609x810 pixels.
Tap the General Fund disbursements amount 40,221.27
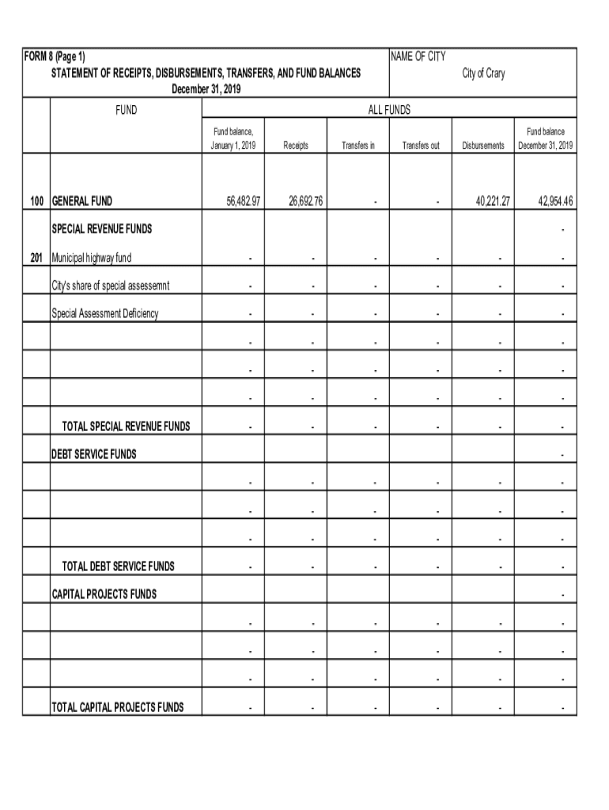click(493, 202)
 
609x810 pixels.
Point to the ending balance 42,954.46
click(555, 202)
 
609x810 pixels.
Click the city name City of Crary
click(483, 74)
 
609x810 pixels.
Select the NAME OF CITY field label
click(418, 57)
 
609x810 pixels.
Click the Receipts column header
click(296, 146)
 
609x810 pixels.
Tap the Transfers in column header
click(358, 146)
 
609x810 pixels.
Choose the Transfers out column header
click(421, 146)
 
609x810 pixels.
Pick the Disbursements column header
click(483, 146)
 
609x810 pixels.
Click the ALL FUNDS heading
click(389, 111)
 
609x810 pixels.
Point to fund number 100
click(36, 202)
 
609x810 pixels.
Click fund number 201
click(36, 258)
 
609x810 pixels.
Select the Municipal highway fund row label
click(92, 258)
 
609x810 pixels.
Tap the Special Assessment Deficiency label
click(105, 314)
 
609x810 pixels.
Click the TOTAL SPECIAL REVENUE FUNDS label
click(126, 426)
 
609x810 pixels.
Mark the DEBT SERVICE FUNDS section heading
click(94, 454)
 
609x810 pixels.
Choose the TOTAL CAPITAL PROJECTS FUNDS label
click(118, 707)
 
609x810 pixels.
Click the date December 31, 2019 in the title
click(206, 89)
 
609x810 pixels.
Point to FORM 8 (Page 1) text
click(55, 57)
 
